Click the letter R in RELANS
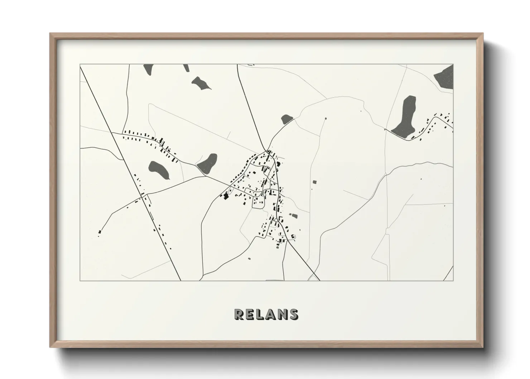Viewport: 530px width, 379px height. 239,314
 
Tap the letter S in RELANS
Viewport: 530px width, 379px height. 293,314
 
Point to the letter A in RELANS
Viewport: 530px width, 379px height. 271,314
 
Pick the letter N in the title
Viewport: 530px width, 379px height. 282,314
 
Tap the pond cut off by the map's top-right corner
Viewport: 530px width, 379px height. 445,76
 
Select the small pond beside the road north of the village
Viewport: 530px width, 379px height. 287,119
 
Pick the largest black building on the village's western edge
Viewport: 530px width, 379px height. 226,196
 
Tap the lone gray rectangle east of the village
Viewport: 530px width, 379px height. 315,182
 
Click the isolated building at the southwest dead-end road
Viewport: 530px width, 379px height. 100,232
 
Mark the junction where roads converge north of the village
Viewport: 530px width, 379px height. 267,150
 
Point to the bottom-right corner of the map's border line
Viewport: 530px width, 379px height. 453,280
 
